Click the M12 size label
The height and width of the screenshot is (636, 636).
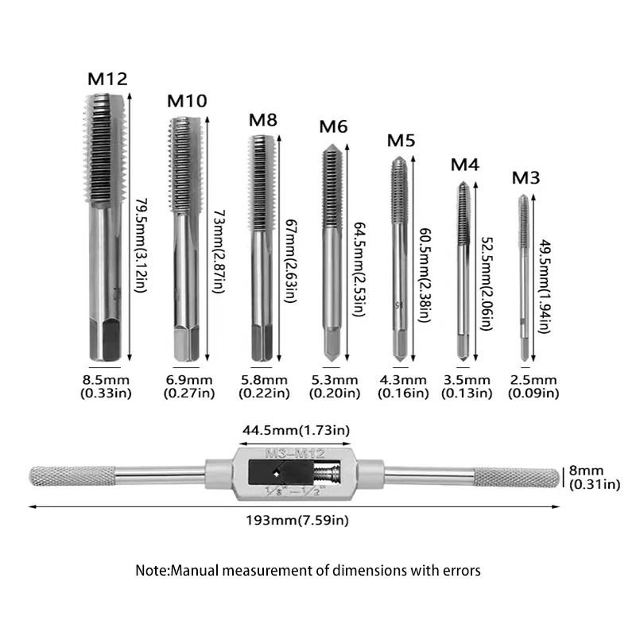[107, 79]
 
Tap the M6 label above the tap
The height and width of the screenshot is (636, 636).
[333, 126]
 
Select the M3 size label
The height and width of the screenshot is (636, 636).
[525, 177]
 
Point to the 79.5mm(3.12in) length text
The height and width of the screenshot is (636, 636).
[140, 245]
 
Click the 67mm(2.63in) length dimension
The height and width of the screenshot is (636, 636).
[291, 261]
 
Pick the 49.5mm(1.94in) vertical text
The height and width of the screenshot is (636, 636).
[545, 286]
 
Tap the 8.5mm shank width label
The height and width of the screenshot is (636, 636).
[106, 380]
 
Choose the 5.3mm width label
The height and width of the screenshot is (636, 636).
[335, 380]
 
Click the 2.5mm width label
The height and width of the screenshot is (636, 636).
[533, 380]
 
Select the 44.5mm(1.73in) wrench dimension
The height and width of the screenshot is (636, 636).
[296, 430]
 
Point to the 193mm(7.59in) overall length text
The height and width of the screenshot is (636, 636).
[297, 520]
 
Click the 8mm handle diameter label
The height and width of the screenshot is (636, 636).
[586, 471]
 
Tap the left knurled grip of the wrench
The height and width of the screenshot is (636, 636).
[72, 476]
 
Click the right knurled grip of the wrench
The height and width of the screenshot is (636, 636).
[516, 477]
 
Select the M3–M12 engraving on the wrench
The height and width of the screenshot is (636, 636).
[295, 453]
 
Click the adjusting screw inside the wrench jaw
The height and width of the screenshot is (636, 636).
[327, 473]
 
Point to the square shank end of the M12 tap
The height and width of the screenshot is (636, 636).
[105, 340]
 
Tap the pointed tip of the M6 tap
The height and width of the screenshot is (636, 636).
[332, 146]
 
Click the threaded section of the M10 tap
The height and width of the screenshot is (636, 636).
[184, 165]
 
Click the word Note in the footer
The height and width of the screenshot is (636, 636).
[152, 570]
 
